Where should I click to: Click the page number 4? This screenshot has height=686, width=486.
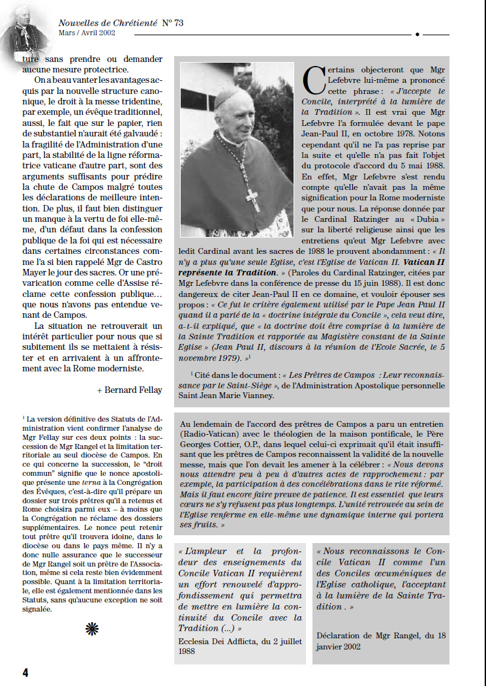pos(25,672)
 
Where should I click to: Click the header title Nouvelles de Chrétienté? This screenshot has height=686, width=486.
pos(108,23)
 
